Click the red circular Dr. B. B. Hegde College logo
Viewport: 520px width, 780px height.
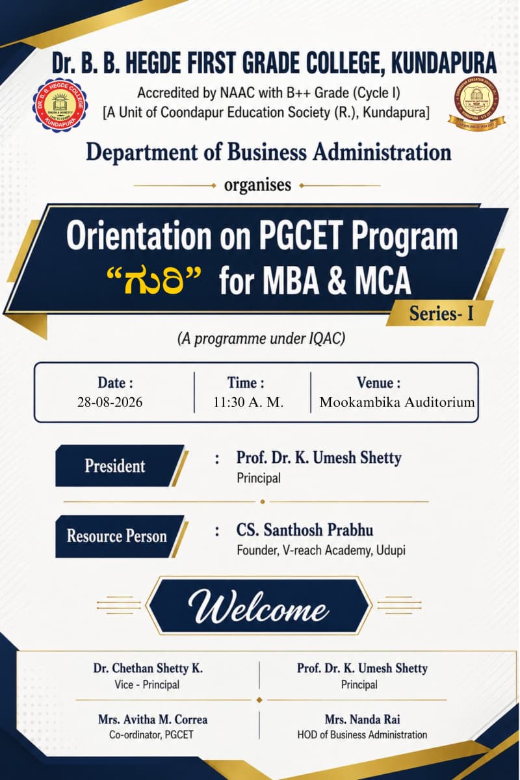pos(60,105)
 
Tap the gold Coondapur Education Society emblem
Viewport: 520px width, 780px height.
pos(476,105)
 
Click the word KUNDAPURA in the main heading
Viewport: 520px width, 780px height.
pos(444,62)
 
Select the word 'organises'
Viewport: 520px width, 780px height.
pos(257,185)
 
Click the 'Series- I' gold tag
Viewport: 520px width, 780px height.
pos(441,313)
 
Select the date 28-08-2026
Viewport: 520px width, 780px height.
pos(110,402)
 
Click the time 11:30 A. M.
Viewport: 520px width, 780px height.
pos(248,402)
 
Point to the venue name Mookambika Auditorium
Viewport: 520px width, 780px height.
pos(397,402)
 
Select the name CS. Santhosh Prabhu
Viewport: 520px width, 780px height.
pos(305,530)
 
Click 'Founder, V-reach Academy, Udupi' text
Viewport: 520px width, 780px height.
pos(321,551)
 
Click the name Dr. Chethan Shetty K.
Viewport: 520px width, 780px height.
pos(148,668)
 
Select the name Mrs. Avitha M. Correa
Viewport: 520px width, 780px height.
pos(153,720)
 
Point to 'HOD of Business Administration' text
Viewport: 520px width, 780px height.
pos(362,734)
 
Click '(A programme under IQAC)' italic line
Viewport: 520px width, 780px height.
pos(261,339)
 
